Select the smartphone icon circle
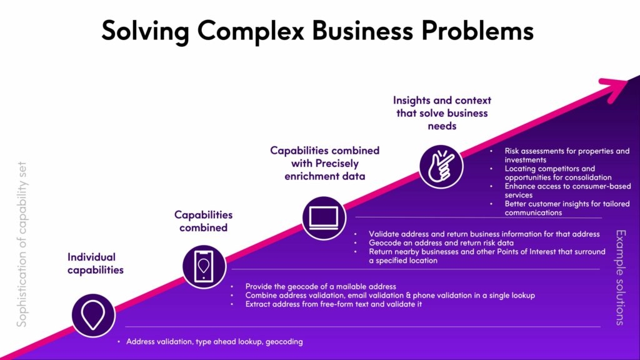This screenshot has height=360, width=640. (204, 266)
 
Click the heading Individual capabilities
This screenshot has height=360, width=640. (96, 263)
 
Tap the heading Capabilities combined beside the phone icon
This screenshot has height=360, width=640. (203, 221)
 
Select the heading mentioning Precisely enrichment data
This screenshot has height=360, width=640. (324, 163)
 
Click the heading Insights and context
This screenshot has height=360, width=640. (442, 112)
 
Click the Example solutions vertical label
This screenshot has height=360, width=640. (620, 277)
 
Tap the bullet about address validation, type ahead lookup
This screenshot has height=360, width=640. (214, 342)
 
